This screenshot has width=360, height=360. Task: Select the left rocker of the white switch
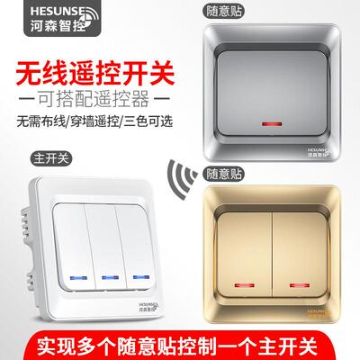(x=71, y=234)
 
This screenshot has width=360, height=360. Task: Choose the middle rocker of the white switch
(x=108, y=234)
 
